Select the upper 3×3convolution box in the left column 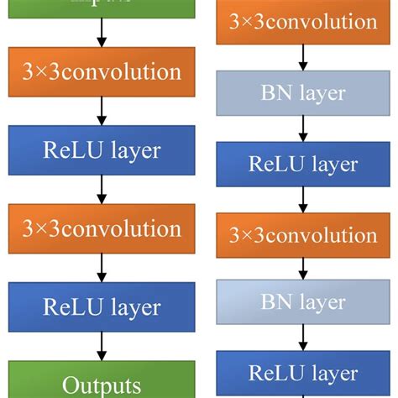coord(102,72)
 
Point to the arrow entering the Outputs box coord(102,346)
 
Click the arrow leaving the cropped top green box coord(102,33)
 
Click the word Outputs coord(102,385)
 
